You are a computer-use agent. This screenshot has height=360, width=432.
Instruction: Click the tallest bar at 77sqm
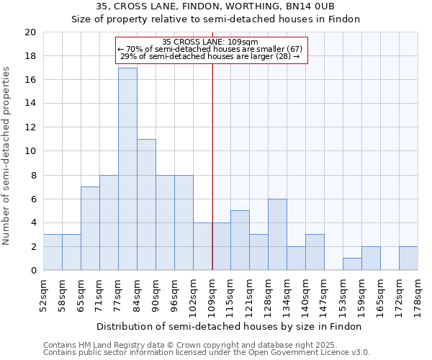pyautogui.click(x=127, y=169)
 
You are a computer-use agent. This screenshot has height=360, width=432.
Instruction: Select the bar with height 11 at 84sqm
pyautogui.click(x=146, y=204)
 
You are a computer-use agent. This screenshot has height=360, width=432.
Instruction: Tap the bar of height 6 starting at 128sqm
pyautogui.click(x=277, y=235)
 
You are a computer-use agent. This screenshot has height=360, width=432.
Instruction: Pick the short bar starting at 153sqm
pyautogui.click(x=352, y=264)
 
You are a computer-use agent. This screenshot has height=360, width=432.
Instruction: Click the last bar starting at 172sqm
pyautogui.click(x=408, y=258)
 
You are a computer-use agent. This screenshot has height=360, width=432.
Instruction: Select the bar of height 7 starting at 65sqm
pyautogui.click(x=90, y=228)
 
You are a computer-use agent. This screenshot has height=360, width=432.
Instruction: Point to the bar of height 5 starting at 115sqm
pyautogui.click(x=240, y=240)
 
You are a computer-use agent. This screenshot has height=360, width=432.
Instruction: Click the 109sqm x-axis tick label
pyautogui.click(x=212, y=293)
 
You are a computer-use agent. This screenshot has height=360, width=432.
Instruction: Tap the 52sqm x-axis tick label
pyautogui.click(x=44, y=293)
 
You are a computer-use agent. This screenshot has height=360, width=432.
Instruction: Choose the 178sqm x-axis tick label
pyautogui.click(x=418, y=293)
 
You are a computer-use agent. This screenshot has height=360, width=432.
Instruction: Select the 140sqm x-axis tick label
pyautogui.click(x=306, y=293)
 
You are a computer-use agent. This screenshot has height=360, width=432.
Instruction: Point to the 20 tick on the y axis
pyautogui.click(x=30, y=32)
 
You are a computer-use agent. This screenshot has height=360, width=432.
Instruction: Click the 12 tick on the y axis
pyautogui.click(x=30, y=127)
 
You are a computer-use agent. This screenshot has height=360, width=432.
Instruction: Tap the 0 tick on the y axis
pyautogui.click(x=32, y=271)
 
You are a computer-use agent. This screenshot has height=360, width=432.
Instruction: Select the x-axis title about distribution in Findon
pyautogui.click(x=230, y=326)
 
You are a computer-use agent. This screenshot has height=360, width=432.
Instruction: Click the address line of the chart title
pyautogui.click(x=215, y=6)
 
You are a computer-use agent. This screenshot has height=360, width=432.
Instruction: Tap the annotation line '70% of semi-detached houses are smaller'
pyautogui.click(x=211, y=49)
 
